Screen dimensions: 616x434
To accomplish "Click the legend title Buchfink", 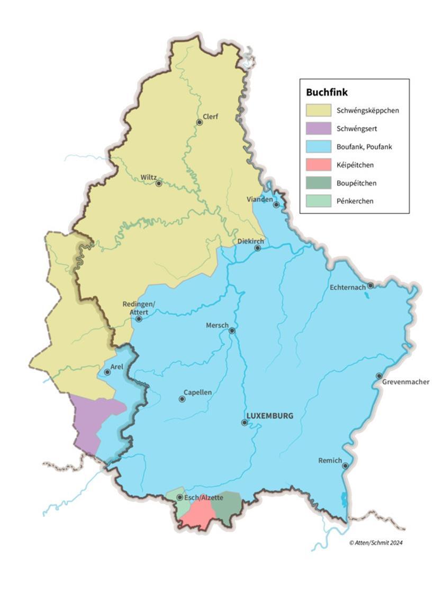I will point(327,92).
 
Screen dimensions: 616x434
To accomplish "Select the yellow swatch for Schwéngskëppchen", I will point(318,110).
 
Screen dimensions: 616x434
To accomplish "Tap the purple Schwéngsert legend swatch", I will point(318,128).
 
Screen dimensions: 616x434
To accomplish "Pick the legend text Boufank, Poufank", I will point(364,147).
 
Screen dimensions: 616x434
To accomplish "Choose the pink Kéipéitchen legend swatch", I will point(318,165).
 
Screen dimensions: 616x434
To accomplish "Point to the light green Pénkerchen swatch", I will point(318,201).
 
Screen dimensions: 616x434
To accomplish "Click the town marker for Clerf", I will point(200,122).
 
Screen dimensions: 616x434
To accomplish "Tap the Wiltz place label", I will point(149,177).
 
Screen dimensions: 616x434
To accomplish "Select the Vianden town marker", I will point(276,204).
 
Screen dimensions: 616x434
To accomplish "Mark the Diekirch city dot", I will point(258,248).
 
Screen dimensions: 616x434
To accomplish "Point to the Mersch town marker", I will point(232,331).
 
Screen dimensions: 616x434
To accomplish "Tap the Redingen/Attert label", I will point(138,308).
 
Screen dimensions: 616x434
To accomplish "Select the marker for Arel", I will point(107,372).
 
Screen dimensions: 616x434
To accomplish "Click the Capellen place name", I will point(197,392).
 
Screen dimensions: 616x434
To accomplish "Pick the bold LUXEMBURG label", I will point(269,415).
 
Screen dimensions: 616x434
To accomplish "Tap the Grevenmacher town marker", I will point(379,376).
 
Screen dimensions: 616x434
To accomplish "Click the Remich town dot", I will point(345,466).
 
